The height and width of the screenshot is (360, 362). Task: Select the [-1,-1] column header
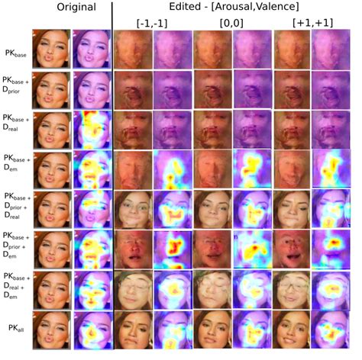153,23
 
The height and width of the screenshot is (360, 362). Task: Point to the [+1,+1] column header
313,23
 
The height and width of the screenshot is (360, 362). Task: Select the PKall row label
16,329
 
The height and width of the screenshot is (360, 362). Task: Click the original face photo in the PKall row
52,329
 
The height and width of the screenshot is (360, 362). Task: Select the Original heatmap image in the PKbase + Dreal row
91,130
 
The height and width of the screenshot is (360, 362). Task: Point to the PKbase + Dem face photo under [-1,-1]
132,169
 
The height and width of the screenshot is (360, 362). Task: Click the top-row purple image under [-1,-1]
172,50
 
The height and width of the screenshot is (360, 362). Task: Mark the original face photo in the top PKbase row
52,50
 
